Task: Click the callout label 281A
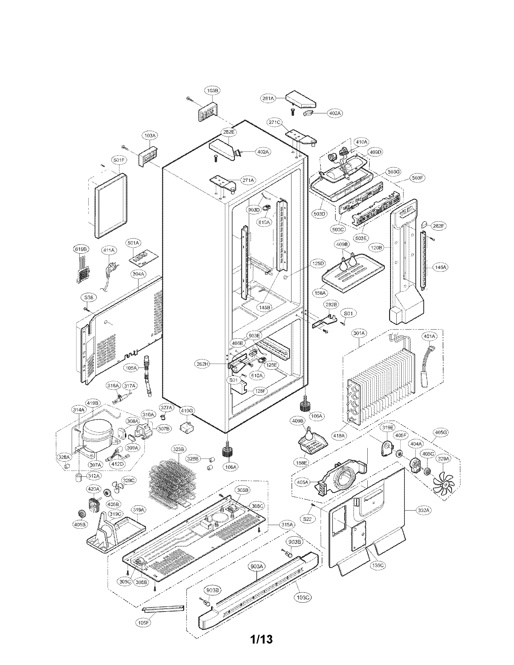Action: (268, 98)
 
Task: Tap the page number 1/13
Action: (261, 648)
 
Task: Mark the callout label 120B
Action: (376, 248)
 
